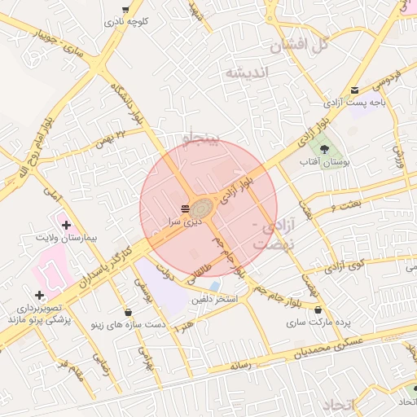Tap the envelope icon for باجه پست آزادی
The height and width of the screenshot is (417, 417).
coord(353,90)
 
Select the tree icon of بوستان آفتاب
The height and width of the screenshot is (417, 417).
coord(325,149)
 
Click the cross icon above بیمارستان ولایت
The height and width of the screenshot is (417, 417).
coord(66,224)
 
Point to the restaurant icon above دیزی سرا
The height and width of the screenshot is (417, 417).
coord(185,209)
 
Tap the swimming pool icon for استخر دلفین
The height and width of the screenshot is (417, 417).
coord(213,287)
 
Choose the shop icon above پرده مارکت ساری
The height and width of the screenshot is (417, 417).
coord(318,310)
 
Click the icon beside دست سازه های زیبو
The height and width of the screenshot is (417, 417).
coord(127,312)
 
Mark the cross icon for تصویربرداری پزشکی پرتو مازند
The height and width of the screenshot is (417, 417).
coord(39,295)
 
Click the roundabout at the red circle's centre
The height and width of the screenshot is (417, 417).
coord(204,210)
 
